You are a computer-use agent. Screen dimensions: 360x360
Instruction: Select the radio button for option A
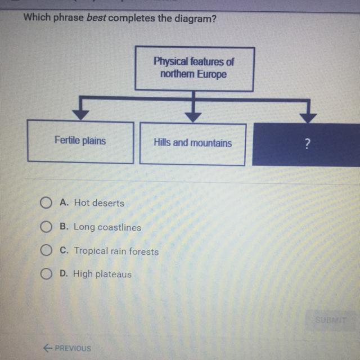(46, 202)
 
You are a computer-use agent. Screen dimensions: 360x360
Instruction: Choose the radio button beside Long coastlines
(46, 227)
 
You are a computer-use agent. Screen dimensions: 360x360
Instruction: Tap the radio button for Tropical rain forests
(46, 250)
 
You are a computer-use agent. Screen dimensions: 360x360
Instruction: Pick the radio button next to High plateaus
(46, 274)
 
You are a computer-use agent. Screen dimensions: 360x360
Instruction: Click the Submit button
(331, 320)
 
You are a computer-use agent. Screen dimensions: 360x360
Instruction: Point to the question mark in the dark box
(308, 144)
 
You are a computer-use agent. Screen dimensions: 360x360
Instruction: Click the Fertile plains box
(80, 141)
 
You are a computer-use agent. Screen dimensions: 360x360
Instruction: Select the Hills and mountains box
(192, 144)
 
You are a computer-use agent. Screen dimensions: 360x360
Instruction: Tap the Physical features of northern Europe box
(195, 69)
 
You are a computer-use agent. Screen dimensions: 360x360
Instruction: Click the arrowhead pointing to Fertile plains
(80, 115)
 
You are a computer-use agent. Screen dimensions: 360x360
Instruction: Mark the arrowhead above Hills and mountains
(193, 118)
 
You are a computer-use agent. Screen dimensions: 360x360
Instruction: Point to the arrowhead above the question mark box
(308, 118)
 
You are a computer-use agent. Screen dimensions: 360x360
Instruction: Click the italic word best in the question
(96, 17)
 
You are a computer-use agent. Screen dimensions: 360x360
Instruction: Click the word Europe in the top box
(211, 74)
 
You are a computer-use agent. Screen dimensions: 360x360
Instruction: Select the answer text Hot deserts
(99, 203)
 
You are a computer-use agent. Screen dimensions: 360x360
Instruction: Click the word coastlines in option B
(119, 227)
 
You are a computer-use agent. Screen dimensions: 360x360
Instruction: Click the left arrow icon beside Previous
(47, 348)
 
